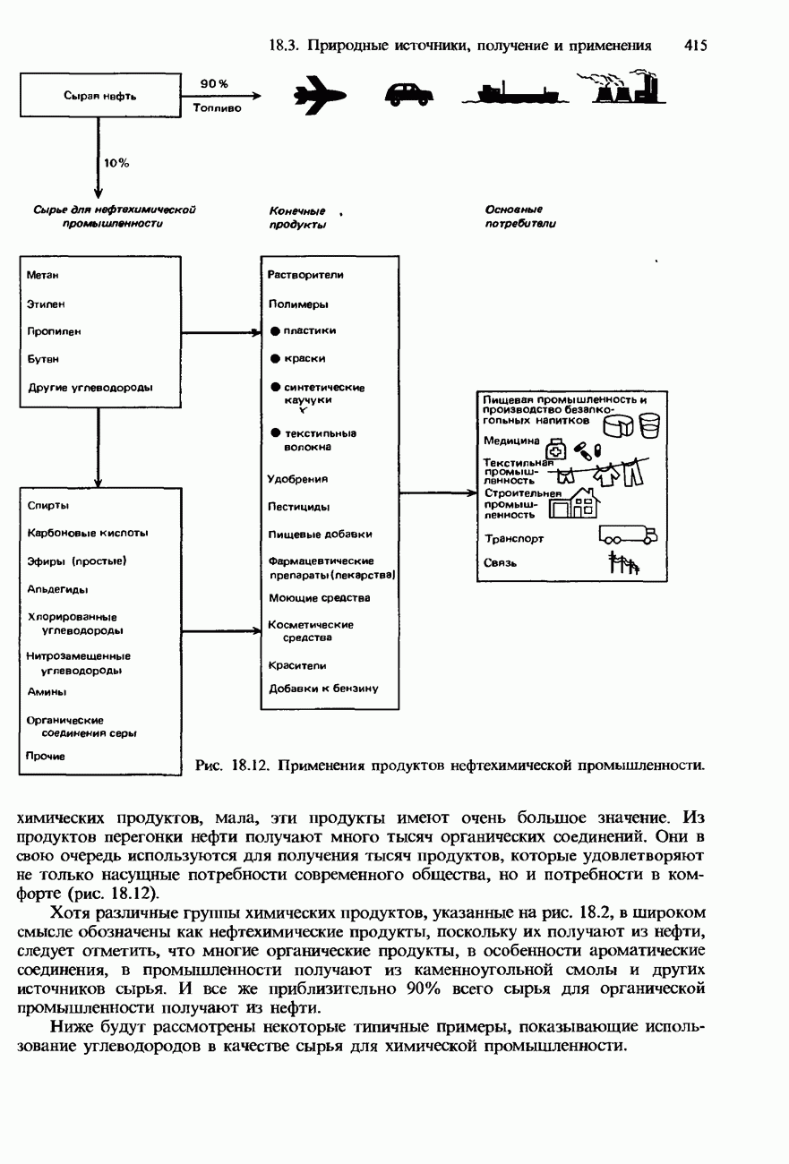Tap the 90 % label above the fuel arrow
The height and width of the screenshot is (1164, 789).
coord(214,83)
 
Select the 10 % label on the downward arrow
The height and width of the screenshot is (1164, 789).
coord(117,163)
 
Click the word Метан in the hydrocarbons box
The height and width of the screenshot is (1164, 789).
coord(44,275)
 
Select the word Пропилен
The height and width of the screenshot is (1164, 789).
coord(54,331)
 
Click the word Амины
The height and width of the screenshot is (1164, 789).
coord(47,692)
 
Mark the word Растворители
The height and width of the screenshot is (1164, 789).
coord(305,275)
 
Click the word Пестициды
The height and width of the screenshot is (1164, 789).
coord(298,507)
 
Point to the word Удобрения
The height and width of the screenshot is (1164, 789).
coord(298,479)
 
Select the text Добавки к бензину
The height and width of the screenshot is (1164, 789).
coord(323,689)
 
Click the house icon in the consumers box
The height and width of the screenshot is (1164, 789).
coord(573,504)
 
